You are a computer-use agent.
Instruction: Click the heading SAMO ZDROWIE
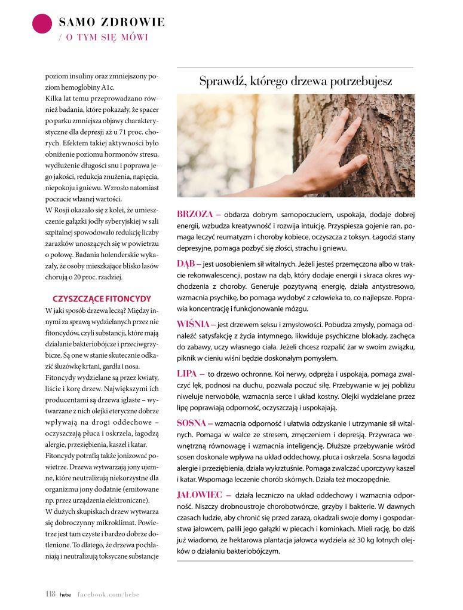(112, 23)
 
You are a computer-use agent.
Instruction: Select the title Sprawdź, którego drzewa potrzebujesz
(296, 81)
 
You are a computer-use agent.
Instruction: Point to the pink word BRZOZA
(195, 214)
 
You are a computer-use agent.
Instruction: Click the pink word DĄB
(185, 263)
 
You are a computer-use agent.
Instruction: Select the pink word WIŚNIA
(192, 324)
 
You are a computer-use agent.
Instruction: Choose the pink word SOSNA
(191, 423)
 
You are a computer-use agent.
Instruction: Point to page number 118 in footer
(50, 594)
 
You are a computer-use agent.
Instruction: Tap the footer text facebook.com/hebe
(108, 594)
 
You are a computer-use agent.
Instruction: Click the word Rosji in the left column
(62, 210)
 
